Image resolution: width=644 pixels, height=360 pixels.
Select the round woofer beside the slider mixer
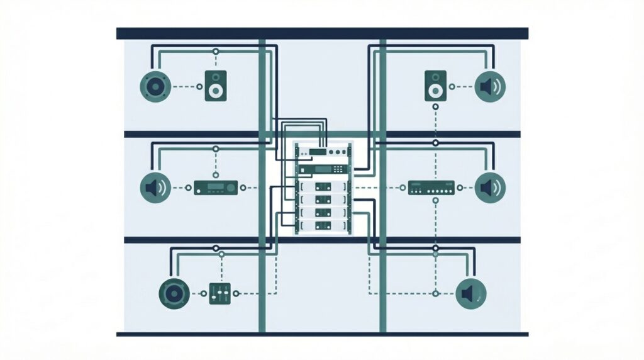(x=172, y=293)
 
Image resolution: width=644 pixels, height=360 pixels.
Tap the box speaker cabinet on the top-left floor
(x=216, y=86)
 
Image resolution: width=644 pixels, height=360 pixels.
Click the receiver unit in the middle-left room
(x=216, y=187)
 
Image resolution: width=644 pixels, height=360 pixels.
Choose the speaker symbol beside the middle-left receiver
(x=155, y=187)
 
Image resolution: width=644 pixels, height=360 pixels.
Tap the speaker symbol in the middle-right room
(x=490, y=187)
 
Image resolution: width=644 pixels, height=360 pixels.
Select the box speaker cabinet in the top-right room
(x=435, y=86)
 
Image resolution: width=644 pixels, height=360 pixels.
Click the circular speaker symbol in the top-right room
(x=490, y=86)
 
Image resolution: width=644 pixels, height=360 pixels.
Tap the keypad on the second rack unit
(x=338, y=169)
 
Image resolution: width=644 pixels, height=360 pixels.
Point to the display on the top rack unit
(x=316, y=152)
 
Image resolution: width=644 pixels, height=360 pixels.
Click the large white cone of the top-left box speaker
(x=216, y=91)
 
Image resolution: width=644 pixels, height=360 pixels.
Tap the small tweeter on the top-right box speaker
(x=435, y=78)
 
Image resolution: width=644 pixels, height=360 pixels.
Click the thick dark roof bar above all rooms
(x=322, y=33)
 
